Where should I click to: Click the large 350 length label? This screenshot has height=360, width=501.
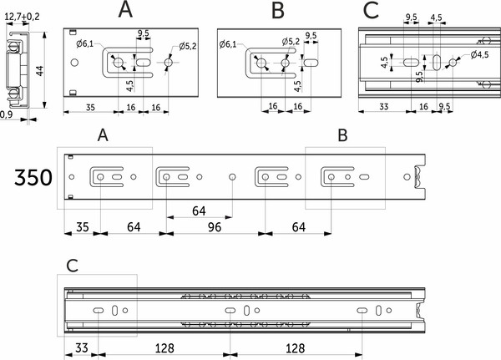coord(34,178)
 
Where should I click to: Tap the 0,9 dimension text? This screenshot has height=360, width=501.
coord(8,114)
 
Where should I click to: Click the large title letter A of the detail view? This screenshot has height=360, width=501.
coord(125,11)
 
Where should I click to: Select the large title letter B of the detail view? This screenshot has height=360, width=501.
coord(278,11)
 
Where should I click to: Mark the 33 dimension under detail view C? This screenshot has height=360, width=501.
coord(377,107)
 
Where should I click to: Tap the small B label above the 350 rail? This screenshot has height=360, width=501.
coord(342,134)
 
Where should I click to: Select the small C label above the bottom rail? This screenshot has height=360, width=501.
coord(73,266)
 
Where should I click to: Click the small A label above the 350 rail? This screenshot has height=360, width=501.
coord(103,134)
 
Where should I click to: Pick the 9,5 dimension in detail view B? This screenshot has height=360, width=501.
coord(311,36)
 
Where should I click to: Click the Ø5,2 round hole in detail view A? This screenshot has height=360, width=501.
coord(170,63)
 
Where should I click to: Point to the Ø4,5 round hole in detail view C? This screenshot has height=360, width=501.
coord(452,62)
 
